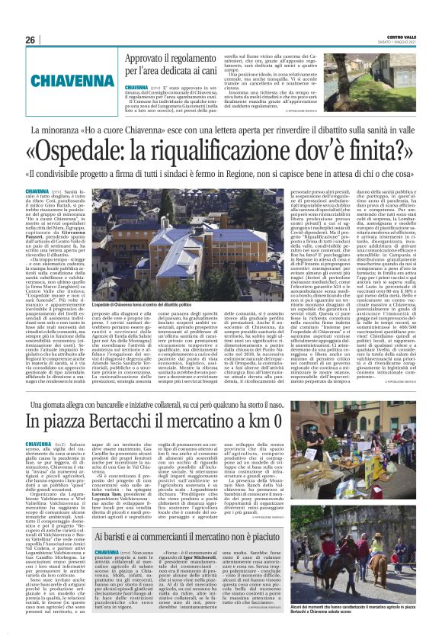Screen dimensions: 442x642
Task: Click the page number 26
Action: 30,40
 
